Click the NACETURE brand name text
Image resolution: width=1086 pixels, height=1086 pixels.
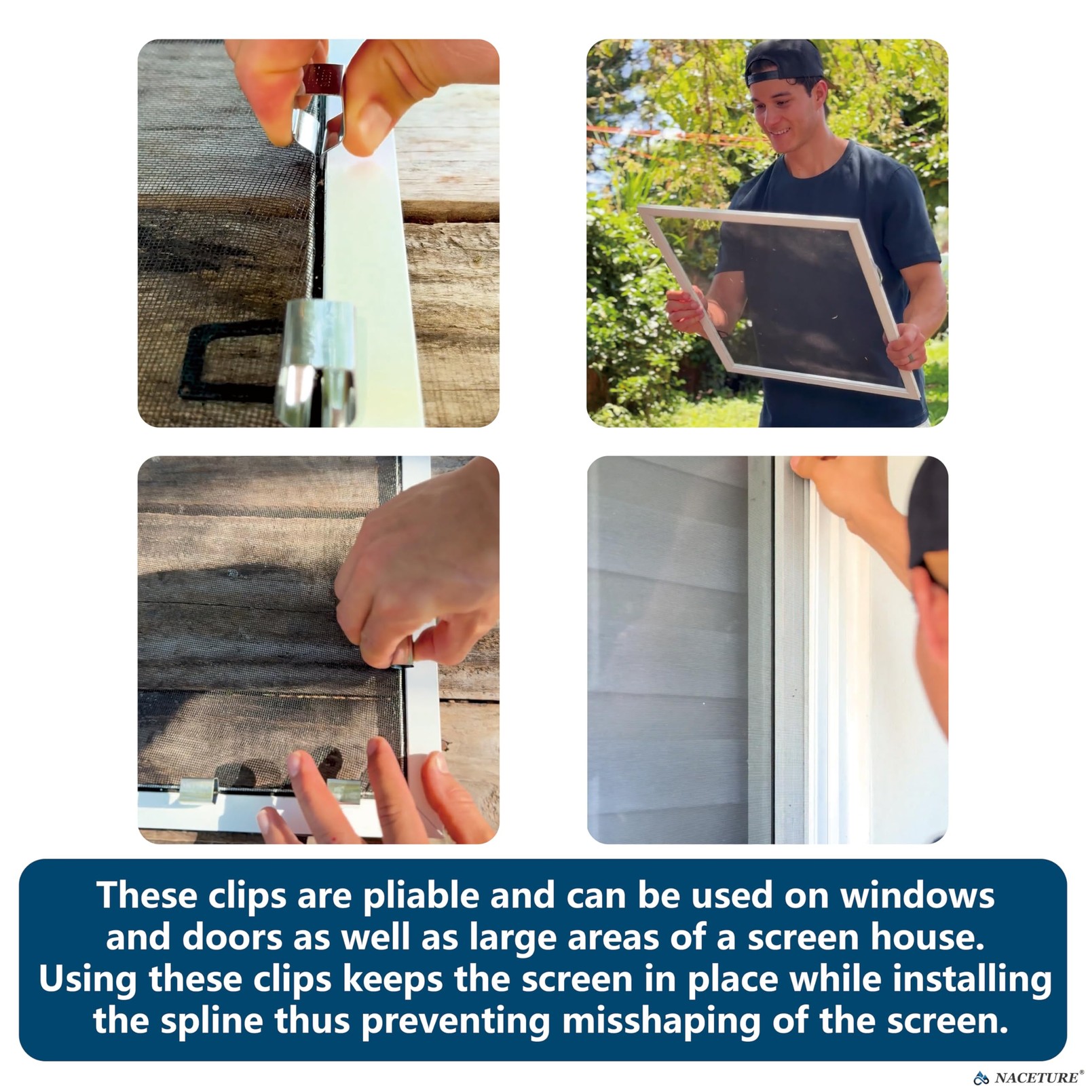(x=1036, y=1077)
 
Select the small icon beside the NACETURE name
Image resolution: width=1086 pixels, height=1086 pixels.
(x=981, y=1077)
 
